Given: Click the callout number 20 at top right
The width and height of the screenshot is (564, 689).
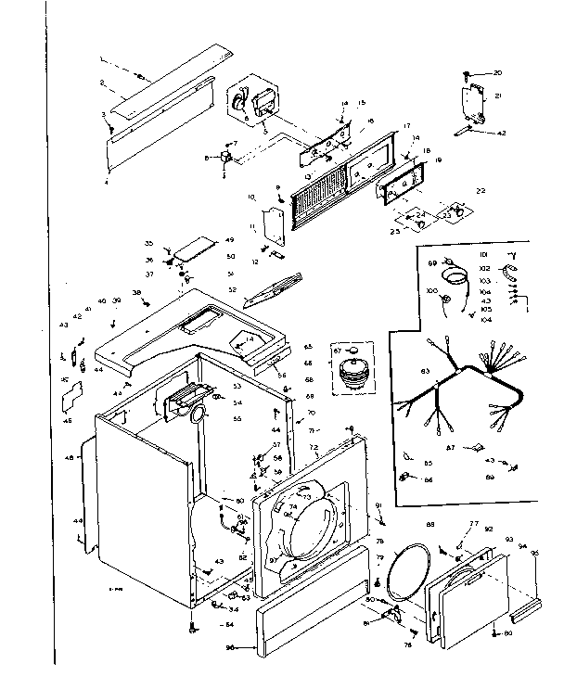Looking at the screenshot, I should tap(497, 72).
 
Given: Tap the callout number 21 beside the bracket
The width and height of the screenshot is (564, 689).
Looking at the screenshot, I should tap(497, 96).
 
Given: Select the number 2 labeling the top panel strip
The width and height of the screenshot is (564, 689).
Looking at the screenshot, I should tap(102, 83).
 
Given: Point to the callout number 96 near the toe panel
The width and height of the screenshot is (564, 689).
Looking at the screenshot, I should tap(230, 646).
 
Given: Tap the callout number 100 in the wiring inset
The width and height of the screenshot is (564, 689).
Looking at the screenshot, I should tap(430, 291).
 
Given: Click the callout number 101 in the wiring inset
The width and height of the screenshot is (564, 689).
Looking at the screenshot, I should tap(482, 253).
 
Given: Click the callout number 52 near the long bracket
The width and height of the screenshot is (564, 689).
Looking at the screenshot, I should tap(233, 289).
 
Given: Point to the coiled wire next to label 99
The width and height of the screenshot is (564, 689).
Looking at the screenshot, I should tap(455, 276).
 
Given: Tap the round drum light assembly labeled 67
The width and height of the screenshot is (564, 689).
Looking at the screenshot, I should tap(352, 368).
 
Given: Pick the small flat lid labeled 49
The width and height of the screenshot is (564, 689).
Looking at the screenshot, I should tap(193, 247).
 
